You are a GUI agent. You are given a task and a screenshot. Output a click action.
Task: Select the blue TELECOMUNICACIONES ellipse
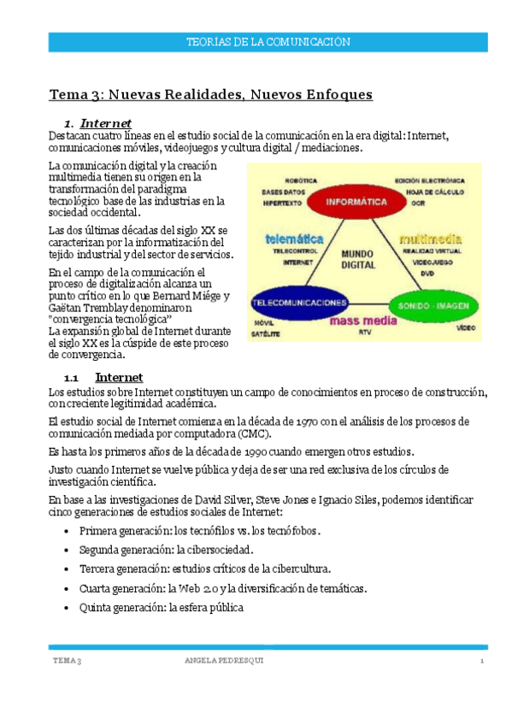pos(299,303)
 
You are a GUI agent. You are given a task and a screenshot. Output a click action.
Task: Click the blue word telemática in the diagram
pos(294,239)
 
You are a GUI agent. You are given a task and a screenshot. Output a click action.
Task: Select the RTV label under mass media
pos(365,330)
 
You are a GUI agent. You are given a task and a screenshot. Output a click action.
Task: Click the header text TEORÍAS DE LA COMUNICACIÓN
pos(268,42)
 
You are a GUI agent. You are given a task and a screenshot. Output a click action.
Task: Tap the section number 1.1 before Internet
pos(71,377)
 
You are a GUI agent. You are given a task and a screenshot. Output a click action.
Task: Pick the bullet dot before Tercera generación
pos(68,569)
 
